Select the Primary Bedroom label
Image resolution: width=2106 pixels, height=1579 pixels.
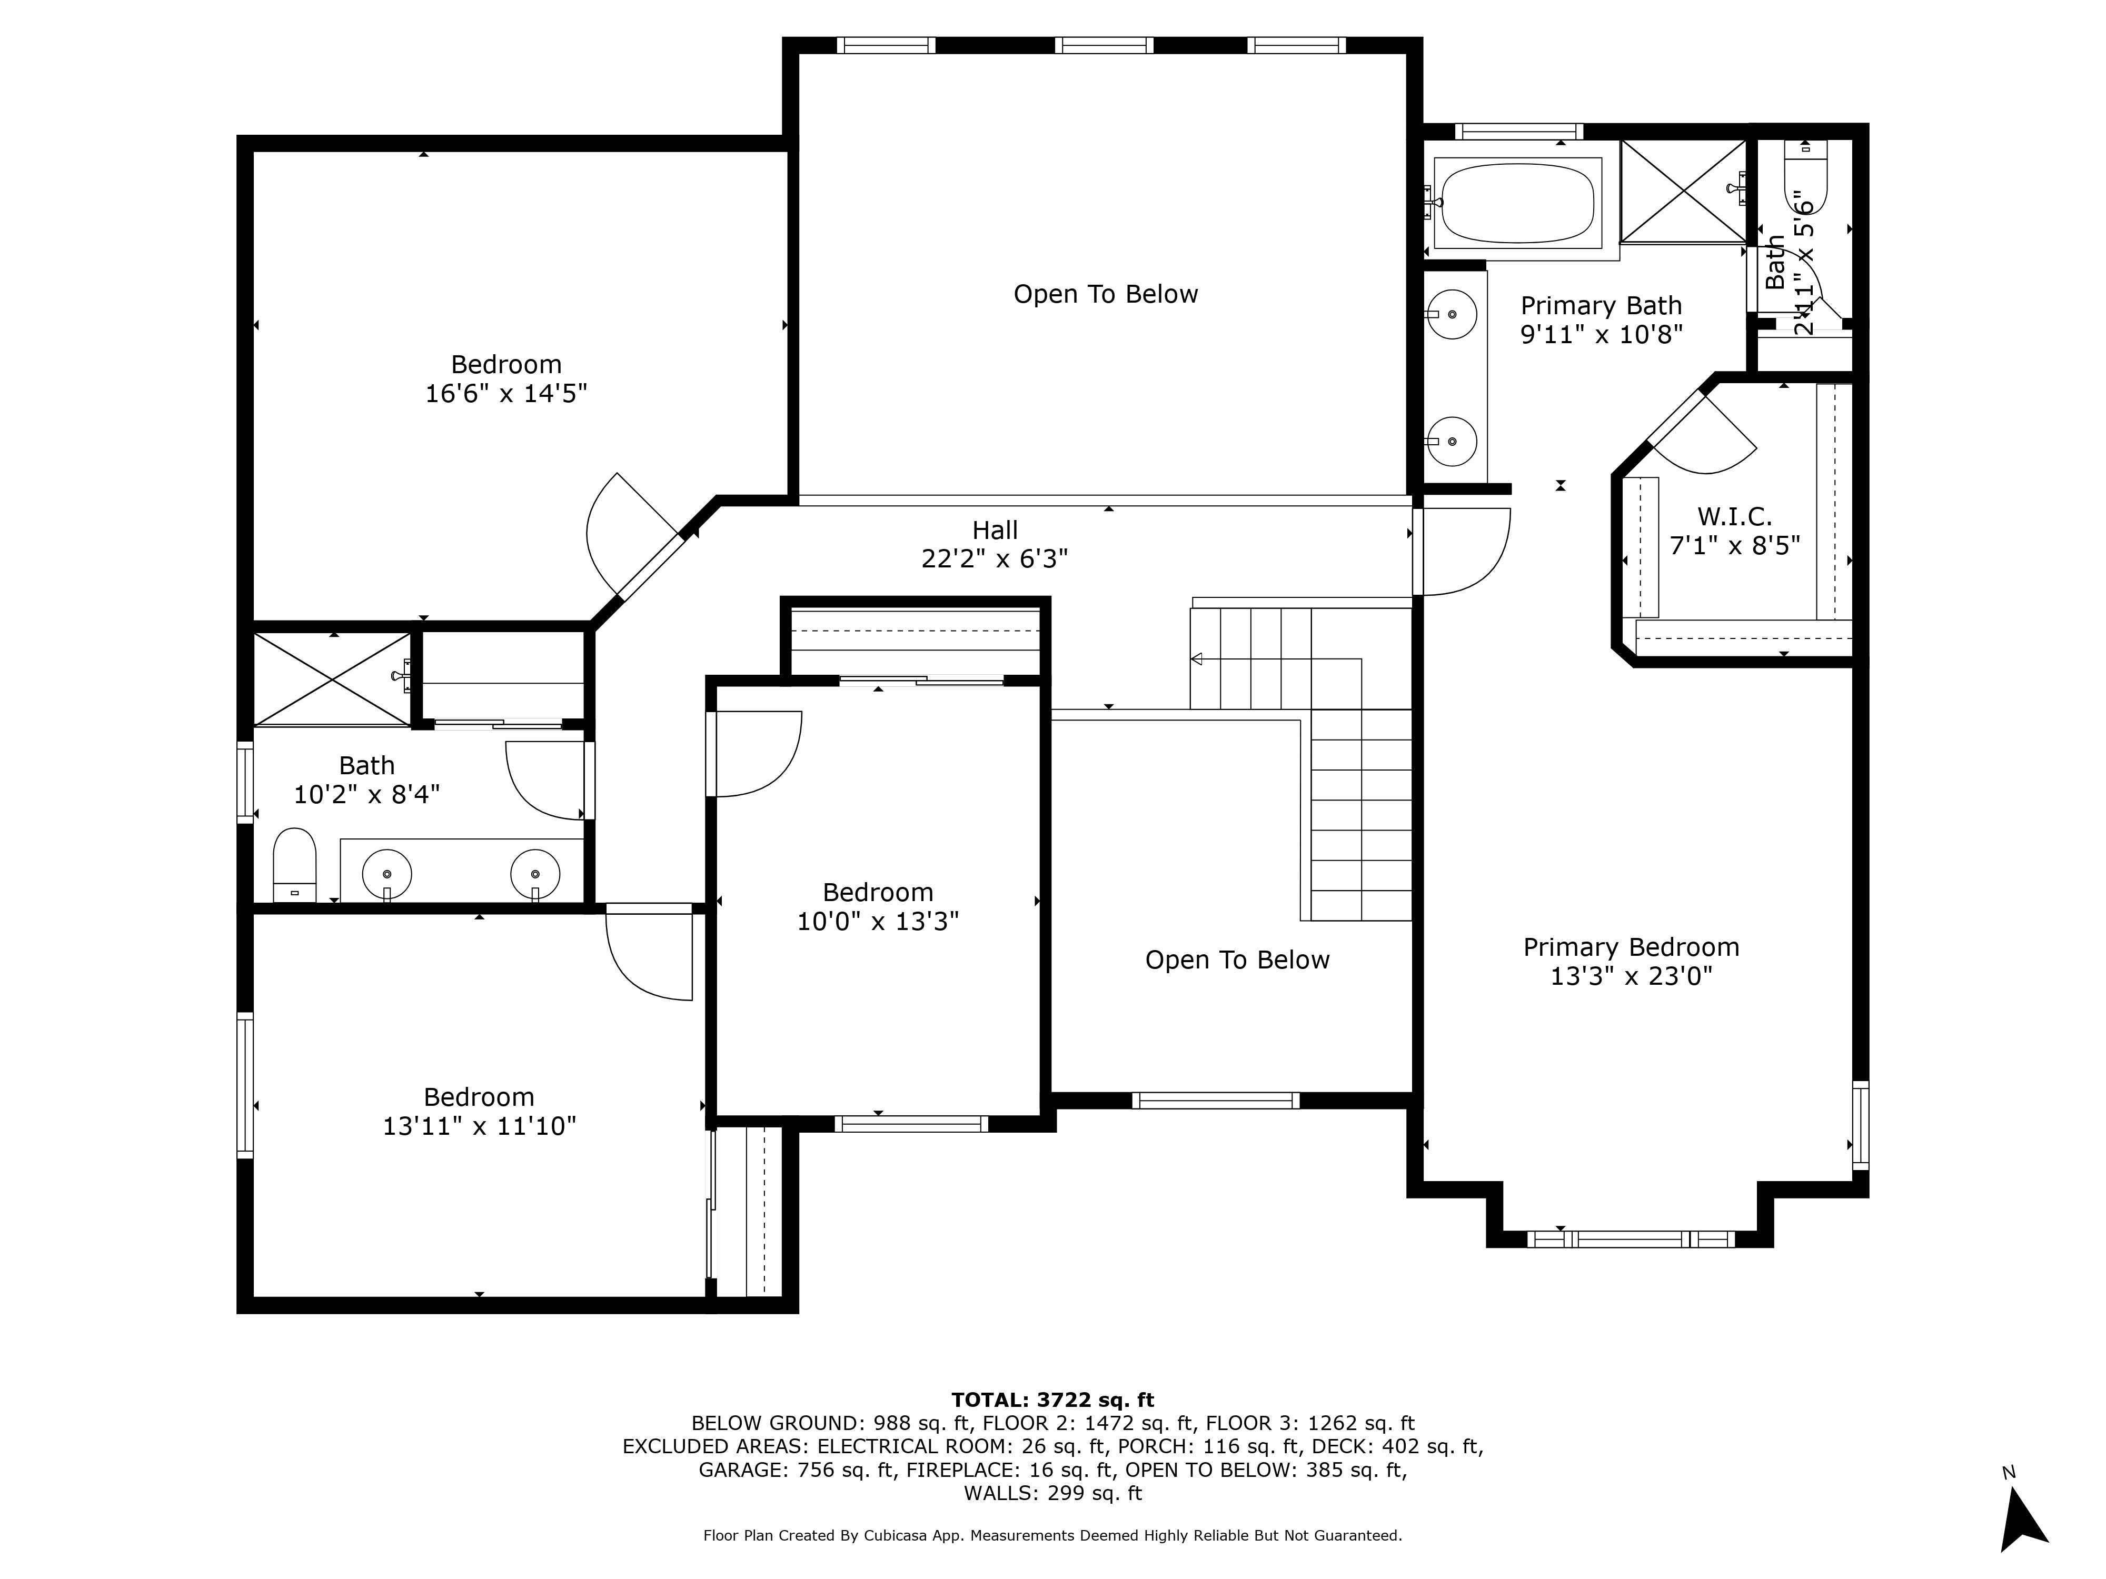point(1631,947)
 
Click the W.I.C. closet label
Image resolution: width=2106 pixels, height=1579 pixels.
point(1735,517)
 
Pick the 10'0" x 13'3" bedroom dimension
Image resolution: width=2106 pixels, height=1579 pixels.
point(878,921)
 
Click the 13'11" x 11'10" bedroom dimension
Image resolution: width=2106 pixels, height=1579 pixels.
point(479,1126)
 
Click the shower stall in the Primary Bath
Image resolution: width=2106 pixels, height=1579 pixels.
point(1683,191)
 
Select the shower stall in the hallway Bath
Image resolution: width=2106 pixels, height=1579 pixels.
point(332,678)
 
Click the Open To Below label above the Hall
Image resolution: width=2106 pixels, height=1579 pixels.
point(1105,294)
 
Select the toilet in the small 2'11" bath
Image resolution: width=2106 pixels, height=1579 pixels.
point(1806,176)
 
